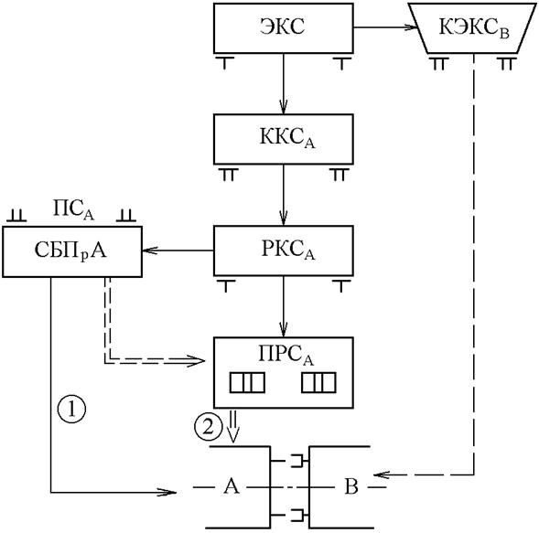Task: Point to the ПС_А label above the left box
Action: pyautogui.click(x=73, y=209)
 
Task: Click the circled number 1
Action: pyautogui.click(x=71, y=409)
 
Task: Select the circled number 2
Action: pyautogui.click(x=209, y=428)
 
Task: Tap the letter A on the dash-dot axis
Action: pyautogui.click(x=231, y=486)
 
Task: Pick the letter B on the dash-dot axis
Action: pyautogui.click(x=351, y=486)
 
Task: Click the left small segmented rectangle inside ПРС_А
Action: pyautogui.click(x=247, y=382)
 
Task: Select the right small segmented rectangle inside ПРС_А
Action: pyautogui.click(x=318, y=382)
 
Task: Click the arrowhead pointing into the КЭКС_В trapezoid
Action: pyautogui.click(x=411, y=27)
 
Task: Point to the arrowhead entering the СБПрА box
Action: pyautogui.click(x=149, y=251)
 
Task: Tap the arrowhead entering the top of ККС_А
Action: pyautogui.click(x=284, y=107)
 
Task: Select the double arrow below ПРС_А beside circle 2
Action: pyautogui.click(x=233, y=426)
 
